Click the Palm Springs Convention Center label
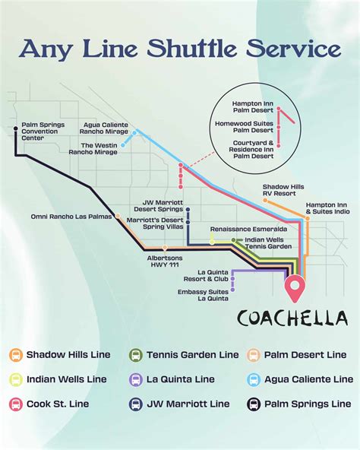[43, 132]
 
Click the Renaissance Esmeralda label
[238, 229]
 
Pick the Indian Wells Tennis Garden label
[269, 242]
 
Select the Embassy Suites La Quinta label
[203, 294]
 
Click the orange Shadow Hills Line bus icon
[15, 355]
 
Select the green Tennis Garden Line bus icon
[136, 355]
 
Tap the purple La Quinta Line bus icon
[136, 379]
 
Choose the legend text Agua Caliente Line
[308, 379]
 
